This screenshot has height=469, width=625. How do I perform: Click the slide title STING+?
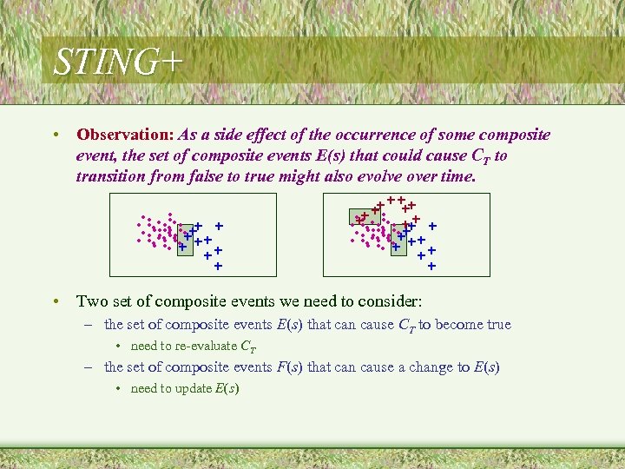118,63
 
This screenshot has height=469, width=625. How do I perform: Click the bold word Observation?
125,135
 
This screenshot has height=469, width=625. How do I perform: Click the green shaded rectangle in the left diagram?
185,241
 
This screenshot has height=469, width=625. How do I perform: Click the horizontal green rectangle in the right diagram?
365,217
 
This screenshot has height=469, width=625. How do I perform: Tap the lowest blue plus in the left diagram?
217,266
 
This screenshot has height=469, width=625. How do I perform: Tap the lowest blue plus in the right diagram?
431,266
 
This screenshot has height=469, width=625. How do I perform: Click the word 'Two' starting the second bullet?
91,301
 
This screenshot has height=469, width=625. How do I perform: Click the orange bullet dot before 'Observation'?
55,135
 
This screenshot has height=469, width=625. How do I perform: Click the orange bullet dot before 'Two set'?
55,302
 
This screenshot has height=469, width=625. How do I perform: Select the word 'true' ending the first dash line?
498,325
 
